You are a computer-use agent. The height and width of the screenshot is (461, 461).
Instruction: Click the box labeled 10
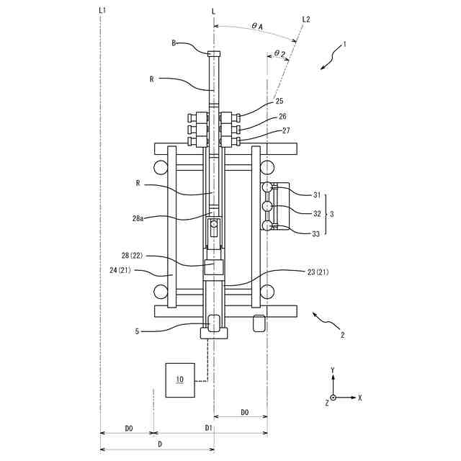[180, 380]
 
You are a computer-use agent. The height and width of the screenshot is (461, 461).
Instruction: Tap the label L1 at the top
[102, 11]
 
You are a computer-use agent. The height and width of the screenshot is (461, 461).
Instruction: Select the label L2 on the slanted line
[306, 19]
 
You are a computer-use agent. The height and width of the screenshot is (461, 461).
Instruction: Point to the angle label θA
[257, 26]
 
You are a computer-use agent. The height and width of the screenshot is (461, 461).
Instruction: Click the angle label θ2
[279, 53]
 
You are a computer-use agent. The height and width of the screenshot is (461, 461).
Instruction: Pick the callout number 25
[279, 101]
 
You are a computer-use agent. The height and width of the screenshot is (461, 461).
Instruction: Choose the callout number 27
[286, 130]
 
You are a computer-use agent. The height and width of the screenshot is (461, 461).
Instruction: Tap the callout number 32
[317, 213]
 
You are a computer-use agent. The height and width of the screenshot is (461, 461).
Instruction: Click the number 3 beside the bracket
[332, 214]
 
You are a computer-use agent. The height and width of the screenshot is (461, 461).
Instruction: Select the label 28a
[138, 218]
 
